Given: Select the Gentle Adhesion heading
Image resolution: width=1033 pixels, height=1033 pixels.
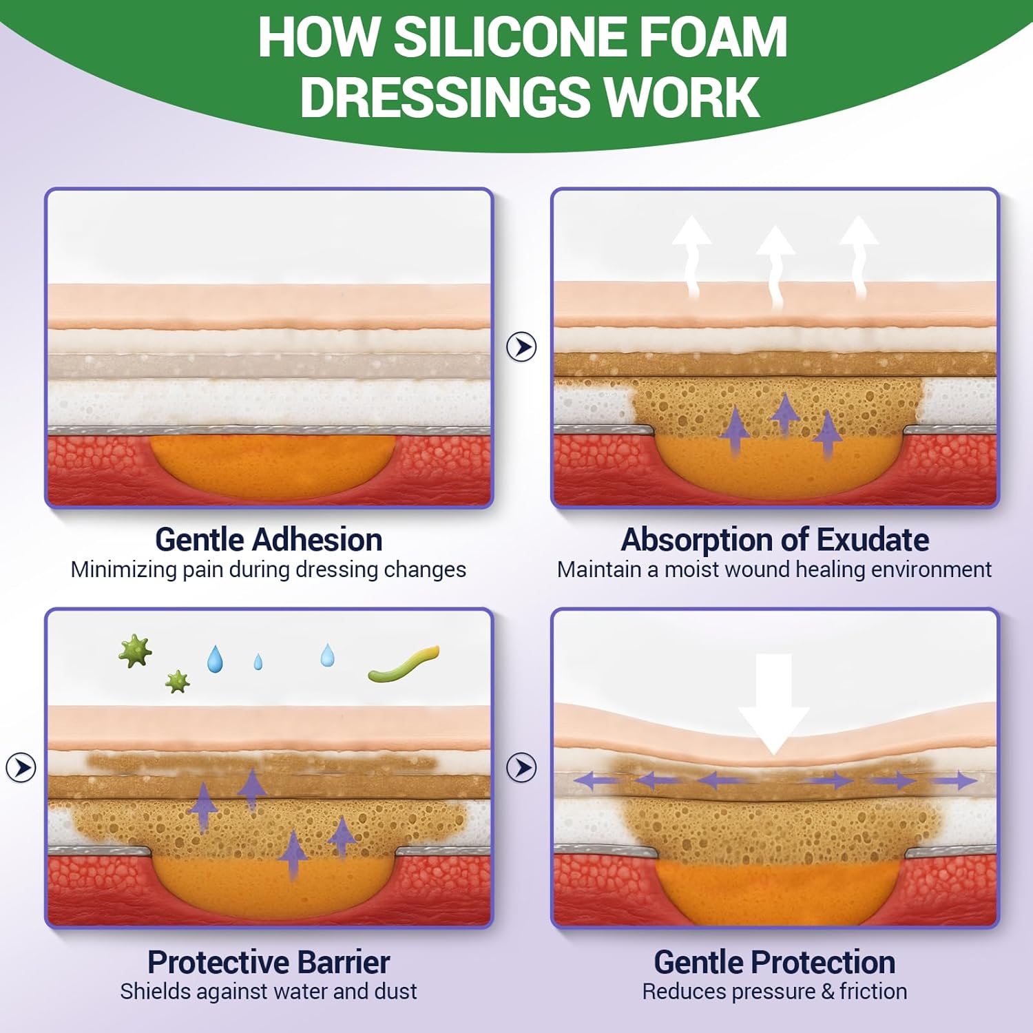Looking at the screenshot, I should (269, 539).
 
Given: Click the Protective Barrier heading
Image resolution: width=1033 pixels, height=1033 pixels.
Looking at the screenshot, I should (269, 961).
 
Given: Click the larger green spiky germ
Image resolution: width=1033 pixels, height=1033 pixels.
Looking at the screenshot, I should (134, 650).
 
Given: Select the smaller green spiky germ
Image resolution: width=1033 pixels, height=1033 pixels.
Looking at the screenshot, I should (178, 682).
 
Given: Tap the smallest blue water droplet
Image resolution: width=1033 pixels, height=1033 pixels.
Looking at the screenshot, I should (258, 662).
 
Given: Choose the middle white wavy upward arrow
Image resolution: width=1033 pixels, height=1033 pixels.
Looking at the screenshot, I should (775, 262).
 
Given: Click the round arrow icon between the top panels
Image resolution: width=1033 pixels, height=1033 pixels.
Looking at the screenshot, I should (521, 346).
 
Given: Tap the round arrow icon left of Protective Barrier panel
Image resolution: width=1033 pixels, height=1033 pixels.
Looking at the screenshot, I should (21, 767).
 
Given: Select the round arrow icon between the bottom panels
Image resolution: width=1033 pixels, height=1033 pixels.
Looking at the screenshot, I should (521, 767).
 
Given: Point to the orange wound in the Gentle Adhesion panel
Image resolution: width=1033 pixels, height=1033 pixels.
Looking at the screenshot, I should (272, 465).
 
